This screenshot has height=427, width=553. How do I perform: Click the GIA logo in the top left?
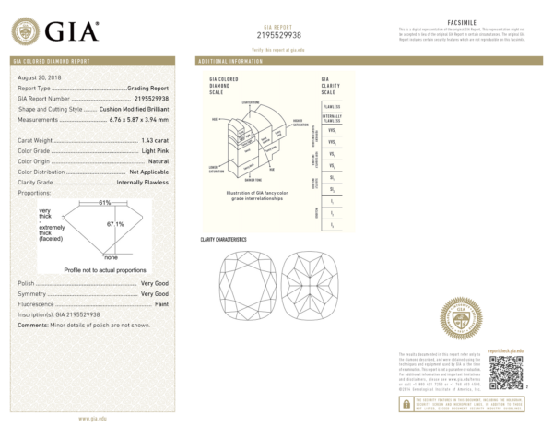tap(58, 31)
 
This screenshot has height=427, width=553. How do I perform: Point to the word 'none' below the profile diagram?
tap(110, 257)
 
